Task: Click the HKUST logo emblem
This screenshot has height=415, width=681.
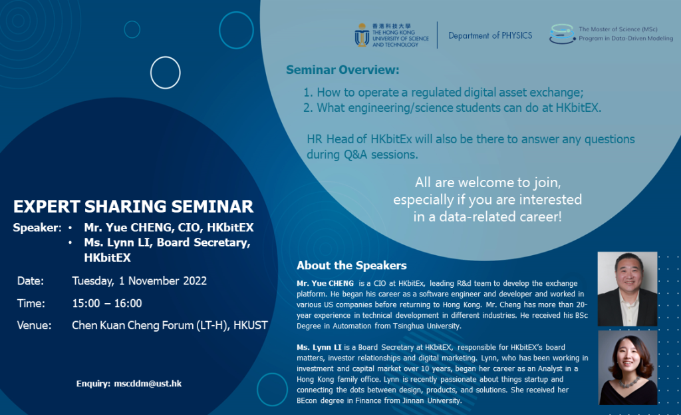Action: pos(362,35)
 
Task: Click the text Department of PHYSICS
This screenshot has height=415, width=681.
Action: pos(490,35)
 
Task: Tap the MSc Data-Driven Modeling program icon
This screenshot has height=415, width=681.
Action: pos(562,34)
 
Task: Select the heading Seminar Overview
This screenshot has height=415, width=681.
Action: pos(342,70)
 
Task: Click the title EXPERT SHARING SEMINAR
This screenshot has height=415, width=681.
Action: pos(133,205)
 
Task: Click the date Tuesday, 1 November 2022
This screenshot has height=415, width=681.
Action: pos(139,280)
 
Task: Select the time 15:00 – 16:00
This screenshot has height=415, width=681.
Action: pos(107,303)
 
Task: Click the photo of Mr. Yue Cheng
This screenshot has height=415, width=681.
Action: pos(627,289)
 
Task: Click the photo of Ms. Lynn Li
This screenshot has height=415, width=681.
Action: pos(627,368)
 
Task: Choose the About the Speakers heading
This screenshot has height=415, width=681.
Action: pos(351,265)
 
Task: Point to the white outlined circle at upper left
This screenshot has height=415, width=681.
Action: pos(166,73)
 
